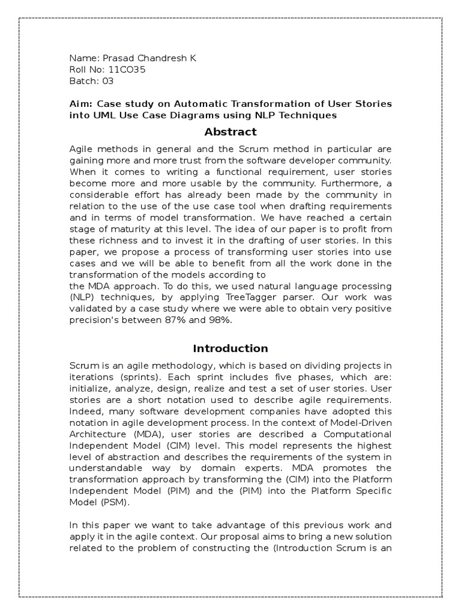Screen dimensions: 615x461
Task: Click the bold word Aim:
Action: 80,104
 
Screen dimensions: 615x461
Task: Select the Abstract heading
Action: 230,132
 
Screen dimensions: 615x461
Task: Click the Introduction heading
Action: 230,348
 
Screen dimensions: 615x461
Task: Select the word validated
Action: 91,309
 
